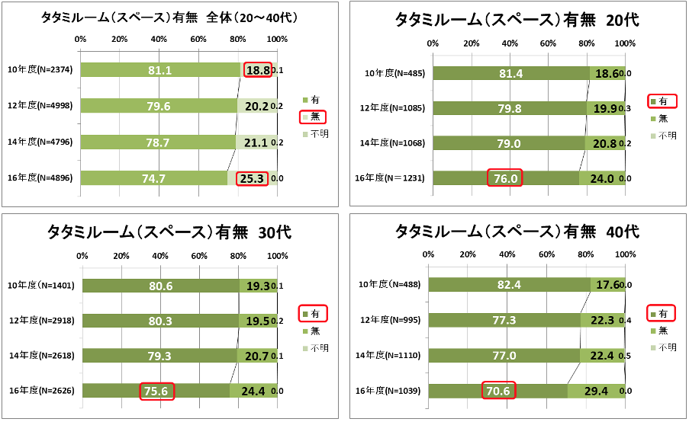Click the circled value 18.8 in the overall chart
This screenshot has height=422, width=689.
pos(257,70)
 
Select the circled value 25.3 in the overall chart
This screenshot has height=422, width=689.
pos(252,178)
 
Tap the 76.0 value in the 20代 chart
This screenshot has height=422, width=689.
pos(504,178)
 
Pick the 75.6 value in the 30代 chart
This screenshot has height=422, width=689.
pos(157,392)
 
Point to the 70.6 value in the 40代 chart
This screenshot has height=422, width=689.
pos(498,391)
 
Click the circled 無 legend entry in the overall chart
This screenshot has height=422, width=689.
pos(313,117)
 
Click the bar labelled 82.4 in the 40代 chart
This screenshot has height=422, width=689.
pos(509,285)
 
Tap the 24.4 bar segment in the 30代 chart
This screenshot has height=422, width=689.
pos(253,392)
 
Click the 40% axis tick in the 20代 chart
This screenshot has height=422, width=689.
pos(510,43)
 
